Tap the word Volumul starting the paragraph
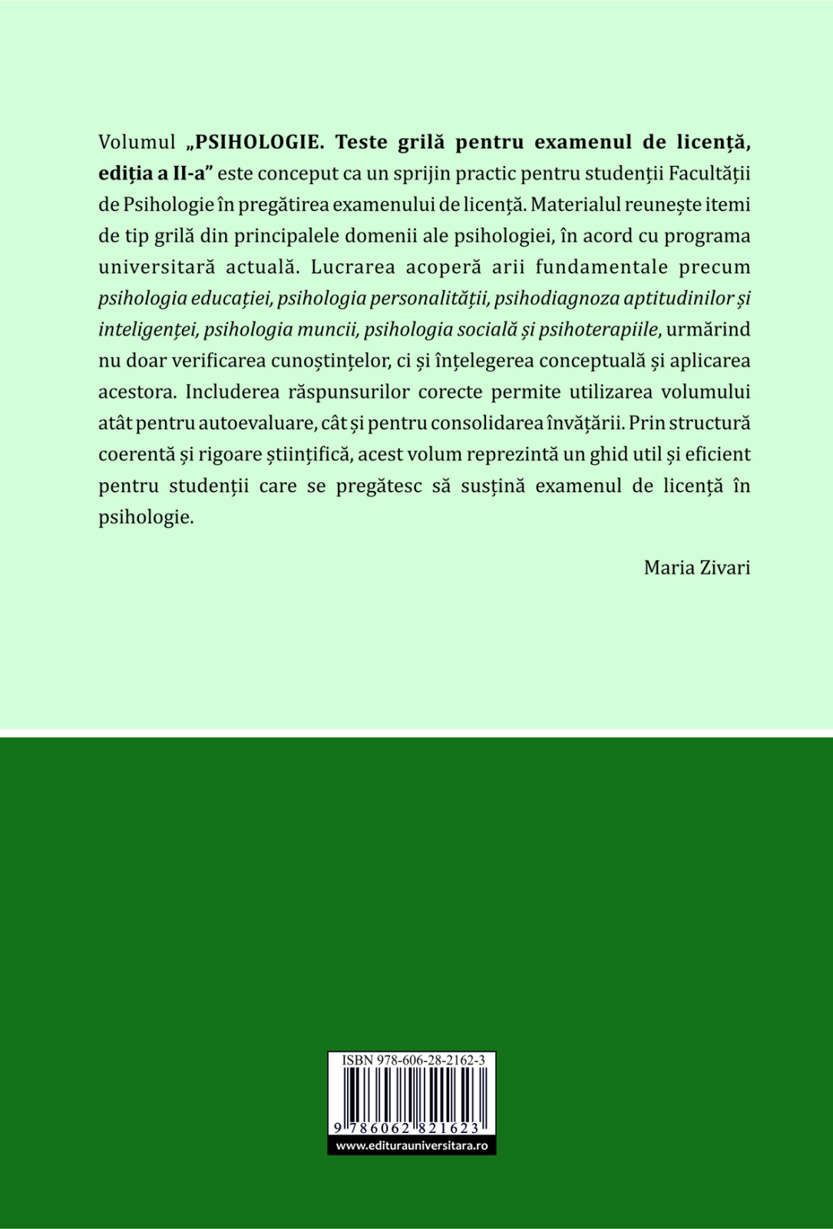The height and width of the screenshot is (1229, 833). click(137, 142)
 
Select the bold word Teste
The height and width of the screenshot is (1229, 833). click(363, 142)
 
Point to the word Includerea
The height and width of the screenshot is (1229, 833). click(232, 392)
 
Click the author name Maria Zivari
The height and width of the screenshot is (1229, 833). click(697, 568)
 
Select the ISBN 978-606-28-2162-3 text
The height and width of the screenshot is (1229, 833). click(413, 1060)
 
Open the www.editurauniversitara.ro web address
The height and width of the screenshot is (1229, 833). click(412, 1145)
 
